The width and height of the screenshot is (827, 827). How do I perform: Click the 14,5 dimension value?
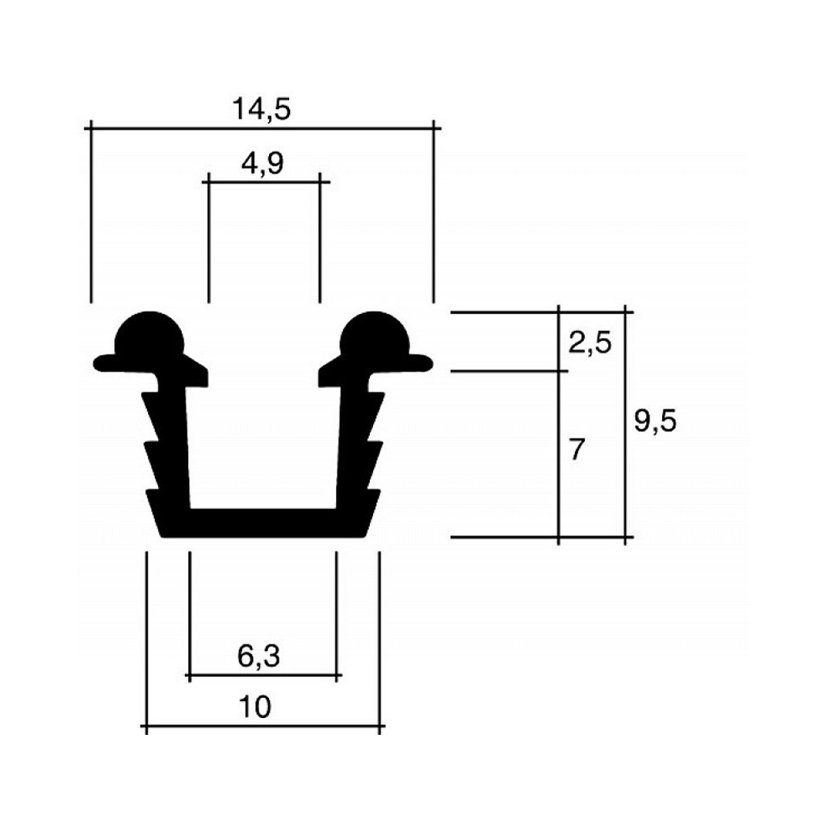(x=261, y=108)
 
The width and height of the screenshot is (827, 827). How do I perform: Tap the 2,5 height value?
(x=590, y=343)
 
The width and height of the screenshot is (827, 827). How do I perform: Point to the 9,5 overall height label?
(x=655, y=422)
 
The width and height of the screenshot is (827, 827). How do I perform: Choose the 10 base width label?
(x=256, y=707)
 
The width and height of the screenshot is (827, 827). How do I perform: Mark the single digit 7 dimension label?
(x=576, y=449)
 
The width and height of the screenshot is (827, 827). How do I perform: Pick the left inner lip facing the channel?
(x=200, y=376)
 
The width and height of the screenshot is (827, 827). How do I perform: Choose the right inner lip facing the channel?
(x=325, y=376)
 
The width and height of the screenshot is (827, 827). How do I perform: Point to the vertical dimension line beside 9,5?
(x=625, y=485)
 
